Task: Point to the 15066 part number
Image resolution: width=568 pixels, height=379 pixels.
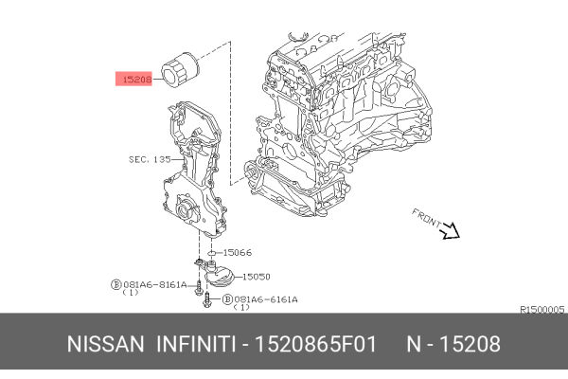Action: point(237,253)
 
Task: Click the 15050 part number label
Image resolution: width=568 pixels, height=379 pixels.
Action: point(256,277)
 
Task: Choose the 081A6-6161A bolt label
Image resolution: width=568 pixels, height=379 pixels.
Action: point(265,299)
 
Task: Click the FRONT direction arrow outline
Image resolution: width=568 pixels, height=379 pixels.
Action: point(449,229)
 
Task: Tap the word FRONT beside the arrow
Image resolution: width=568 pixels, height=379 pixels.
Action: point(426,217)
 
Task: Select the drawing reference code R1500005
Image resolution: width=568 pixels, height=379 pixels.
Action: point(541,309)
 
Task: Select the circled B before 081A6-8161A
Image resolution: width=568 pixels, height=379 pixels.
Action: point(115,284)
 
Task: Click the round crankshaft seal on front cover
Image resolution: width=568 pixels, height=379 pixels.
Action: point(183,208)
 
